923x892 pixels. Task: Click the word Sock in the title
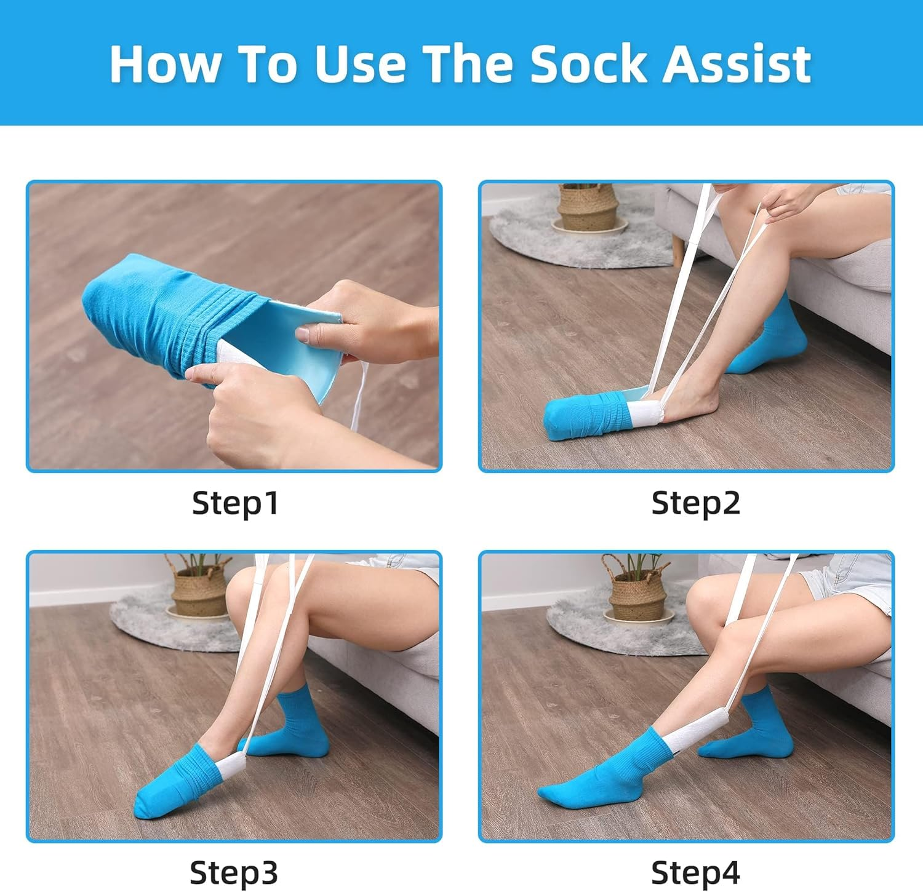[588, 64]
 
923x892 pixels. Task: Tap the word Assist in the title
[737, 64]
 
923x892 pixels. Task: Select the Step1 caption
[235, 503]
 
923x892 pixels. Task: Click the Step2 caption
[695, 503]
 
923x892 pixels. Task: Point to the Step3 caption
[234, 872]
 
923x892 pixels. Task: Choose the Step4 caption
[695, 872]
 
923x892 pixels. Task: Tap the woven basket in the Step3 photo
[200, 591]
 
